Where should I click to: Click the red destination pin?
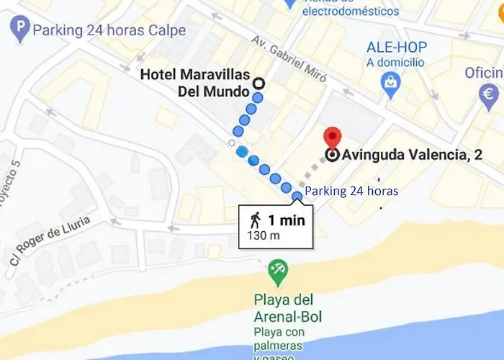332,137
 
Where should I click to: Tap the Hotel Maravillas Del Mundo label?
194,83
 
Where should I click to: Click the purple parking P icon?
21,31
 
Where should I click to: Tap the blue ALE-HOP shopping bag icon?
390,84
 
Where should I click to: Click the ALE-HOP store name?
397,48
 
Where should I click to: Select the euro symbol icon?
490,94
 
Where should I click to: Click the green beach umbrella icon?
277,271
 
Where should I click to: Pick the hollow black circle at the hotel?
258,83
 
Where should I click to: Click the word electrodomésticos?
351,12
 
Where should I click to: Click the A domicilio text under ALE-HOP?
395,63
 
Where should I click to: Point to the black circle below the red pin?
332,155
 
